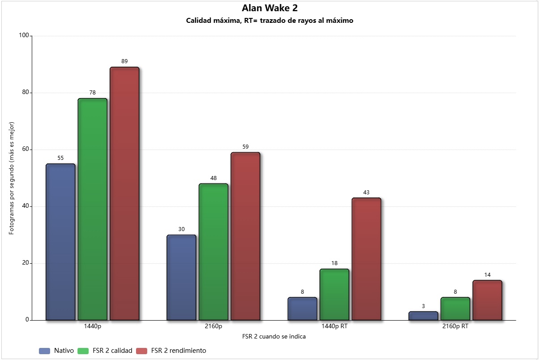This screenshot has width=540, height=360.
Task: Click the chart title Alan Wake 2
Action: click(x=269, y=8)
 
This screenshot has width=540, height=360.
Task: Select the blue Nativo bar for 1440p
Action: click(x=60, y=242)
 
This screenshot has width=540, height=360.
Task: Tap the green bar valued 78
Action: click(x=93, y=209)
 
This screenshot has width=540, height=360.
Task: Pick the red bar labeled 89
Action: click(x=125, y=194)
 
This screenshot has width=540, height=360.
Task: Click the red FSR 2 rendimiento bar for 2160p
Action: click(x=246, y=236)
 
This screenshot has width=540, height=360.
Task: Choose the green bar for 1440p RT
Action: click(x=334, y=295)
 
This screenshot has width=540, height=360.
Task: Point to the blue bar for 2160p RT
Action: click(x=423, y=316)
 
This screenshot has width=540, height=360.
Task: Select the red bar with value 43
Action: click(x=366, y=259)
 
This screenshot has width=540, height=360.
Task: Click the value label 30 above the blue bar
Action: click(x=182, y=229)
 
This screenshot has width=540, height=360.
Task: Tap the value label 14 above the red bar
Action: click(x=488, y=274)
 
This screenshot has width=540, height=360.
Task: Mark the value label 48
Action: click(x=213, y=178)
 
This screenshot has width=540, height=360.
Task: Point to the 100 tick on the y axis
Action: click(x=24, y=35)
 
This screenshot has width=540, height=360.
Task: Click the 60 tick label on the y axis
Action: click(x=26, y=149)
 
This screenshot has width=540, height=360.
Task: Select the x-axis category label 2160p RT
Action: click(x=455, y=326)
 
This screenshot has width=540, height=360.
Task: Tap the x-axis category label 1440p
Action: click(x=93, y=326)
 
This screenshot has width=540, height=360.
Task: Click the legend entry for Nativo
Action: click(x=56, y=351)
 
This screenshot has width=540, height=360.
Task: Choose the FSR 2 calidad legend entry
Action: click(x=105, y=351)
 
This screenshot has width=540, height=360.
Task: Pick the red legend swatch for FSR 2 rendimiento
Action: click(x=141, y=351)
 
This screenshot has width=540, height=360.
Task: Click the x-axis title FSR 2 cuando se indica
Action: click(x=274, y=336)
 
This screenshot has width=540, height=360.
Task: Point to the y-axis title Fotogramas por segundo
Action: click(x=11, y=178)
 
